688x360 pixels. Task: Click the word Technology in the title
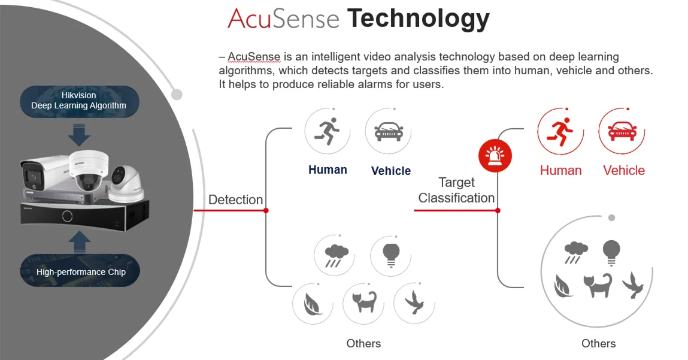[x=419, y=19]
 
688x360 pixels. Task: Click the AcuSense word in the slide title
[x=283, y=19]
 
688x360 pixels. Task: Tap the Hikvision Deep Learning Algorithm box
[x=79, y=101]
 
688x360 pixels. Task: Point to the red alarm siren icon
[x=495, y=156]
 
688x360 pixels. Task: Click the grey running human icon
[x=327, y=131]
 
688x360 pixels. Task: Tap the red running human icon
[x=560, y=131]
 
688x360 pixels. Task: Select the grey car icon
[x=389, y=131]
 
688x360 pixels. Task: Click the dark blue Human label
[x=328, y=170]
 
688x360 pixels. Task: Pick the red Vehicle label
[x=624, y=170]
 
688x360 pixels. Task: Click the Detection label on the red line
[x=235, y=199]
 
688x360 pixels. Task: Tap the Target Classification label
[x=456, y=190]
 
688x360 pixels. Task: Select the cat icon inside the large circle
[x=598, y=285]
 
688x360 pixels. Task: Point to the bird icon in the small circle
[x=414, y=303]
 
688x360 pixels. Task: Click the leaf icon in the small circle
[x=312, y=304]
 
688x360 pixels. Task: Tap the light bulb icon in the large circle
[x=611, y=252]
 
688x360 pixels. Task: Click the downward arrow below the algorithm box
[x=79, y=135]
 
